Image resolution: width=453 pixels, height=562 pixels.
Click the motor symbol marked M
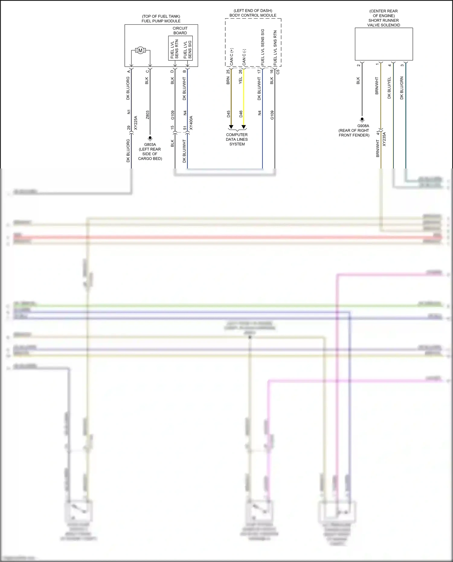tap(140, 51)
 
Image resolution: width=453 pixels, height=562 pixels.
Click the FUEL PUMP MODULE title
tap(161, 21)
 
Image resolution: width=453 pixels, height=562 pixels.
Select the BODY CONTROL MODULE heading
tap(253, 15)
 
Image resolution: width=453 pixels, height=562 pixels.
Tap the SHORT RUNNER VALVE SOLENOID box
tap(384, 44)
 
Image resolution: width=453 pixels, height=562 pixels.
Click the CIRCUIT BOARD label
tap(180, 31)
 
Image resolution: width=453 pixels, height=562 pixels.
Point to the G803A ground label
tap(150, 145)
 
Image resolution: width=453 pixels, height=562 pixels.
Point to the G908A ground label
tap(363, 126)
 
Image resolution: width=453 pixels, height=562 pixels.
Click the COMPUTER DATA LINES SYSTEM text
tap(237, 140)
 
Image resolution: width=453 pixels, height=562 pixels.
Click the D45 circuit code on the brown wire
tap(229, 114)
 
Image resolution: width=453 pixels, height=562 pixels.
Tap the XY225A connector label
tap(136, 123)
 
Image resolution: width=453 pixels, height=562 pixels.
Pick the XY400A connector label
tap(191, 123)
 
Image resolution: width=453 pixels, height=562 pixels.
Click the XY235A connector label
tap(384, 139)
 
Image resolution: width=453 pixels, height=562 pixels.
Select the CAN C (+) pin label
tap(232, 57)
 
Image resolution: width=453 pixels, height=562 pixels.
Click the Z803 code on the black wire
tap(147, 115)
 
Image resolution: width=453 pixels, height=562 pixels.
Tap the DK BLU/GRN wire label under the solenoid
tap(402, 88)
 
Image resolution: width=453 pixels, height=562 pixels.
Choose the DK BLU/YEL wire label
tap(389, 88)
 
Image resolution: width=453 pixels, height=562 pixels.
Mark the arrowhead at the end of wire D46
tap(244, 127)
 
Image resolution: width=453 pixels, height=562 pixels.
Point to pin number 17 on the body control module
tap(259, 72)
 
